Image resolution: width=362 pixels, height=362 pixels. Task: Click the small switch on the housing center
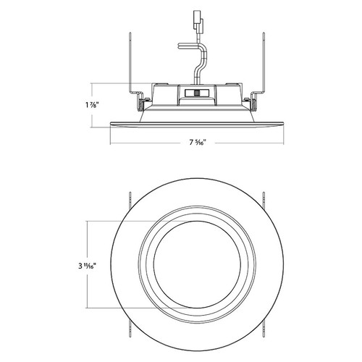193,93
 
